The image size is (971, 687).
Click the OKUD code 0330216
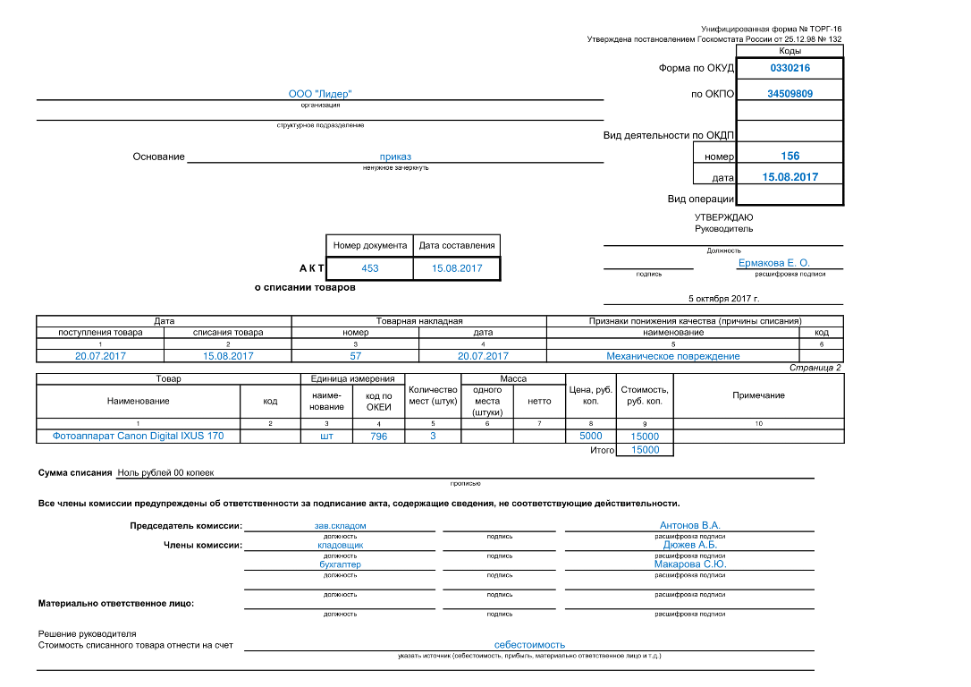(789, 68)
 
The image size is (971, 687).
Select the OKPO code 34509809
(789, 94)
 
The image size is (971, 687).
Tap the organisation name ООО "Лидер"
(320, 94)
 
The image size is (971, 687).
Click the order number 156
(790, 157)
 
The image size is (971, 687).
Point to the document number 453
(369, 268)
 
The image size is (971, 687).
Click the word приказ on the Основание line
(395, 157)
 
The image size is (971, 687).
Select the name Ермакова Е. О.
(774, 263)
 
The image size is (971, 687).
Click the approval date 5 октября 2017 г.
(723, 299)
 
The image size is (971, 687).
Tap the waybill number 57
(356, 356)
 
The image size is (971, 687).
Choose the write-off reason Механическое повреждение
(673, 356)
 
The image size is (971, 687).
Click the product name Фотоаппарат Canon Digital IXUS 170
(138, 436)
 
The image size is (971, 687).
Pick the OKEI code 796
(378, 437)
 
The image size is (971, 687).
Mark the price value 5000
(591, 436)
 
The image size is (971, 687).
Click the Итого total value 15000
(645, 450)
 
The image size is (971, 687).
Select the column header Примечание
(758, 395)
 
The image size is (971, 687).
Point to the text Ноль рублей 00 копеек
(165, 472)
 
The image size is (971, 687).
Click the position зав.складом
(340, 525)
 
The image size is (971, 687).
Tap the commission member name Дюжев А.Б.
(690, 545)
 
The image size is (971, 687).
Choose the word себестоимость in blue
(529, 644)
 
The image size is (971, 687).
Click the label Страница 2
(815, 368)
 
